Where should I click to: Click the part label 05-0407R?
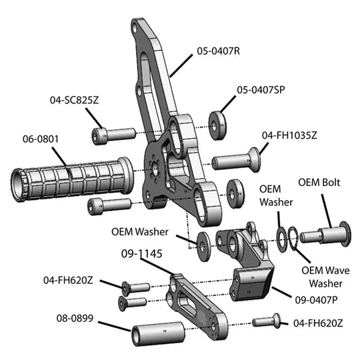[219, 51]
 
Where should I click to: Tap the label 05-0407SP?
[261, 90]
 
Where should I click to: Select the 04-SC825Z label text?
[75, 100]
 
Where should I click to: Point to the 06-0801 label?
[41, 139]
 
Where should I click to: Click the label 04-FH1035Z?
[289, 135]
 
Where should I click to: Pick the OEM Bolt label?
[319, 183]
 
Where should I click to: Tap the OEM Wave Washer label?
[325, 277]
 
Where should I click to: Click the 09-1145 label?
[141, 254]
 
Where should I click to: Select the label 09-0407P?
[316, 300]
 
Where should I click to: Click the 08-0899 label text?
[75, 318]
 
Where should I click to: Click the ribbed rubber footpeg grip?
[72, 179]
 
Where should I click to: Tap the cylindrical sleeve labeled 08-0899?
[159, 334]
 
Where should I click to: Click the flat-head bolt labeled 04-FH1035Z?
[237, 160]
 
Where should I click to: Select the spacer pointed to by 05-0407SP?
[217, 126]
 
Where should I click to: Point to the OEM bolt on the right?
[325, 235]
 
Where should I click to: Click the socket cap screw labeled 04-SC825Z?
[113, 136]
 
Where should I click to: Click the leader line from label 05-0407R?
[181, 65]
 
